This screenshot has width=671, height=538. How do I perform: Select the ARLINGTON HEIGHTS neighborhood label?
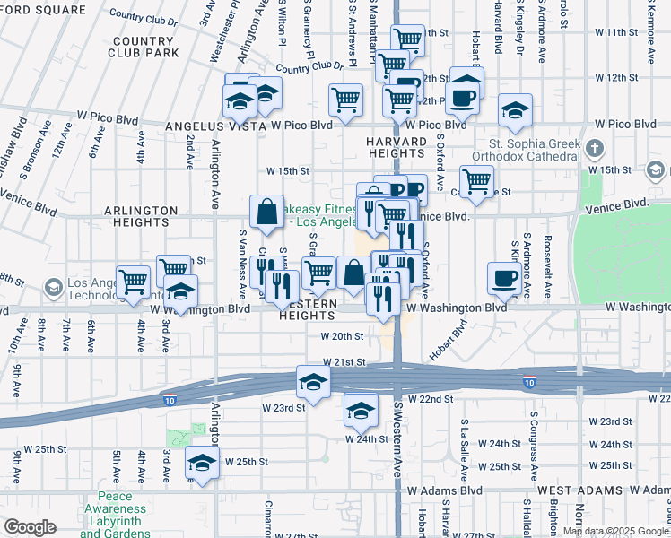(141, 217)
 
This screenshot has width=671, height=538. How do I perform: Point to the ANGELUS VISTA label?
(230, 126)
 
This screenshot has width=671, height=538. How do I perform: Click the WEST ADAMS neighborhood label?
(576, 491)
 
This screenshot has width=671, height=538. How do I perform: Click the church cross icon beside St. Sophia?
(593, 147)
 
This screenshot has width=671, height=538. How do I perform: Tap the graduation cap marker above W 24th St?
(361, 412)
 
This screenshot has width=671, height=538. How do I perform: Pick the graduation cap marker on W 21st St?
(313, 383)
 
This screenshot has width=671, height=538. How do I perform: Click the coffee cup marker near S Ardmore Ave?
(503, 278)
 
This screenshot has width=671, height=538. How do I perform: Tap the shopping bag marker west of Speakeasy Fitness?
(267, 213)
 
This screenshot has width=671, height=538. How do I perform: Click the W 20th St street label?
(343, 337)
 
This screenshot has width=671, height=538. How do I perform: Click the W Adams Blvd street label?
(445, 491)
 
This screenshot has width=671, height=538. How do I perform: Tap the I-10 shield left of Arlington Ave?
(170, 397)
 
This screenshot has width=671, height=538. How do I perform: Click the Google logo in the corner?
(30, 527)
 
